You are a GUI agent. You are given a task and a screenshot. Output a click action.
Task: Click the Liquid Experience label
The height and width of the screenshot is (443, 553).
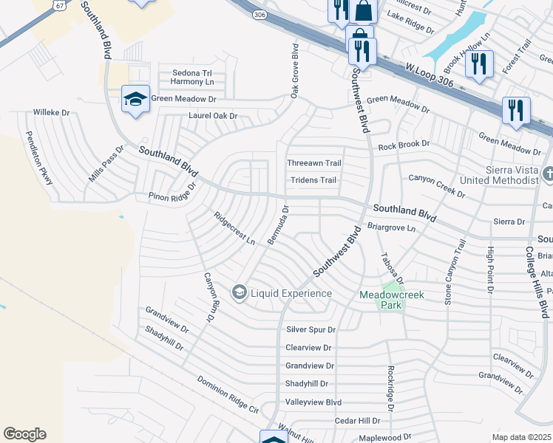(x=291, y=293)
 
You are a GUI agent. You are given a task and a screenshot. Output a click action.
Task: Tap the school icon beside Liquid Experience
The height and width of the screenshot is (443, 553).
(x=239, y=293)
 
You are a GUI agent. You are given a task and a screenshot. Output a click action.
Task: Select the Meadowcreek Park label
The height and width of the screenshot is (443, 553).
(x=392, y=294)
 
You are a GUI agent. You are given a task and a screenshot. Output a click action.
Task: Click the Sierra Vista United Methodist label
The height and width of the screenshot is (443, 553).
(x=498, y=175)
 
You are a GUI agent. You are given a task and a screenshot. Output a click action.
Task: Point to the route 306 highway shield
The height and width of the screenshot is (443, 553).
(x=259, y=14)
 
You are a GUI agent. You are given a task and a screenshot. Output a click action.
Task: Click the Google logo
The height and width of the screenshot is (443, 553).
(x=24, y=434)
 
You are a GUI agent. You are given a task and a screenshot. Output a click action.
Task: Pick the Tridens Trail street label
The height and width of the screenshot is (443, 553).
(x=313, y=180)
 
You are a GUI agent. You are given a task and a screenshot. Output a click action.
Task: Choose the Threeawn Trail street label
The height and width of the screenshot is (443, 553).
(x=314, y=163)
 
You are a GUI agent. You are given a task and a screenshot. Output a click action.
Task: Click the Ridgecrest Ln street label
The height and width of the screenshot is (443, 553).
(x=234, y=229)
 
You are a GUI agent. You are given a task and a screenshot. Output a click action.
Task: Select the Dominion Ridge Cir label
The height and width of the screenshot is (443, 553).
(x=228, y=394)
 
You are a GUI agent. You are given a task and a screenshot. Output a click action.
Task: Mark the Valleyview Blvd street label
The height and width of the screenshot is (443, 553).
(x=313, y=402)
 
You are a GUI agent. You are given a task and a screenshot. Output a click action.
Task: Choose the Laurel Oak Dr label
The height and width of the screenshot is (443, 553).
(x=213, y=116)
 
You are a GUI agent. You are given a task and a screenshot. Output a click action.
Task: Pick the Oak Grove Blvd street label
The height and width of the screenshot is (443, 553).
(x=294, y=71)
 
